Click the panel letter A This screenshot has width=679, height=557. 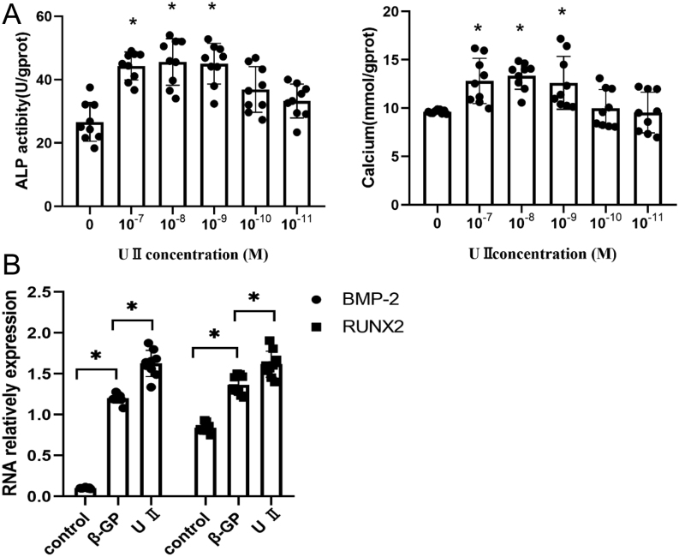tap(11, 15)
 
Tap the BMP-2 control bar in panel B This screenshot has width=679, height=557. tap(86, 492)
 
